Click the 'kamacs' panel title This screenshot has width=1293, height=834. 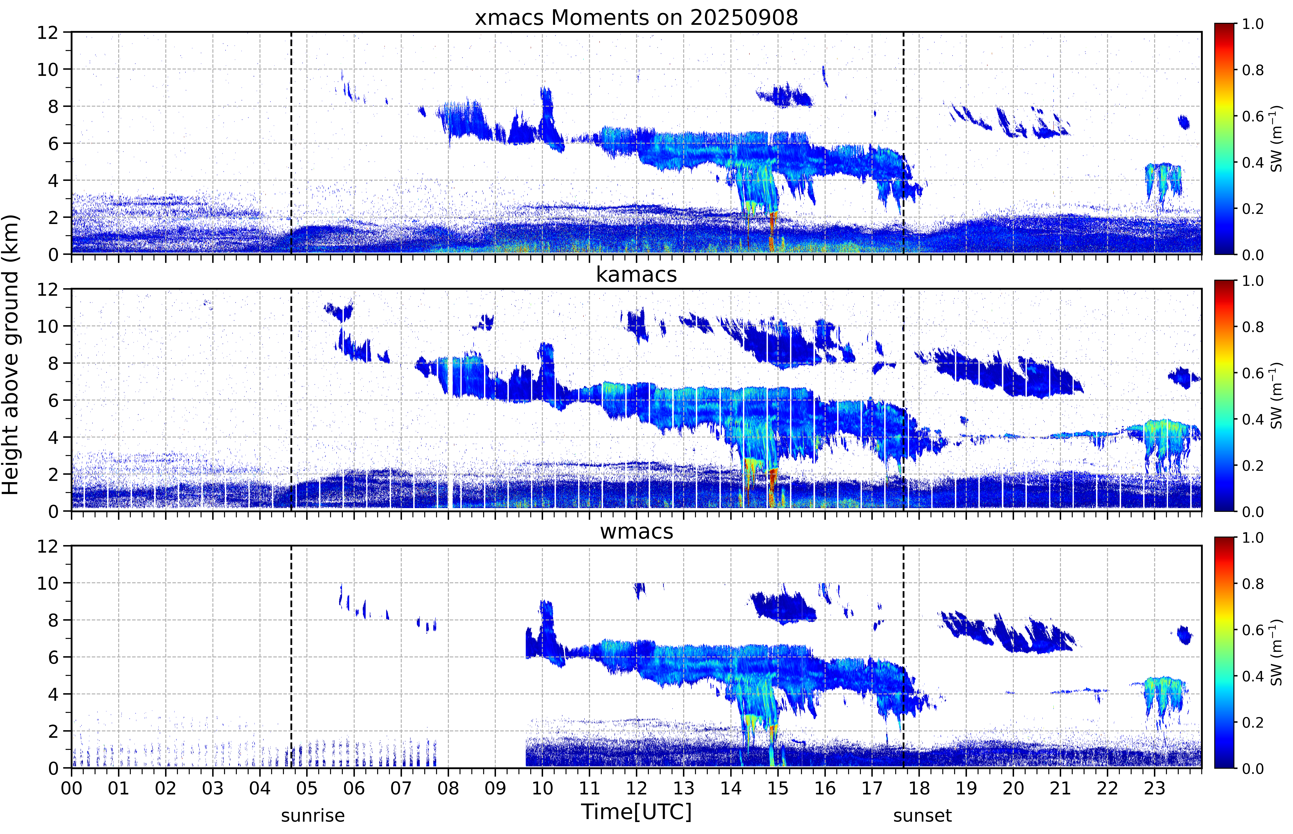[x=636, y=275]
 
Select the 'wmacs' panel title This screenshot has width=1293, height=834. [x=636, y=531]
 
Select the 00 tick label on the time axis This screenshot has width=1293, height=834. [x=71, y=788]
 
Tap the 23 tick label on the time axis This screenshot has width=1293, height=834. [x=1154, y=788]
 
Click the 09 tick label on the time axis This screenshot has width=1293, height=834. [x=495, y=788]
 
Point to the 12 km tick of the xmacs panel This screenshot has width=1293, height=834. [x=48, y=33]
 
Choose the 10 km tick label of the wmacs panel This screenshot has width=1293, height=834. [x=48, y=583]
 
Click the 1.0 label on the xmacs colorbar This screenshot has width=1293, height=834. [x=1252, y=24]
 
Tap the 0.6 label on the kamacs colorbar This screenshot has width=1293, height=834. [x=1252, y=373]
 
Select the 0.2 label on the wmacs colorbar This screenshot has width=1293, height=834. [x=1252, y=723]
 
